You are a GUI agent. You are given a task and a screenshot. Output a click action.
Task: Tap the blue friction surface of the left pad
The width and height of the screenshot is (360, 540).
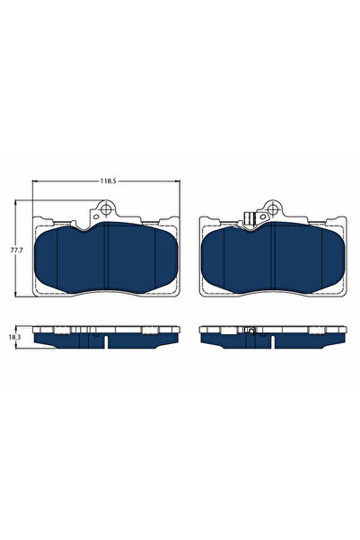coord(106,261)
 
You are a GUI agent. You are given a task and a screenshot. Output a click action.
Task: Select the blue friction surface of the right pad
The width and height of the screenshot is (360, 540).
coord(271,261)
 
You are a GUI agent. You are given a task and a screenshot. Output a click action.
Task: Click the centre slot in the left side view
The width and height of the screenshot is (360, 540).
coord(106,341)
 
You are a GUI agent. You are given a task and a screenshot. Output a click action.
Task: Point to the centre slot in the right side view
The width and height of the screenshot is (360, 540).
coord(271,341)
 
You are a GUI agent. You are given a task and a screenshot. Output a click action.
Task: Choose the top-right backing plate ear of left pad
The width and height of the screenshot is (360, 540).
coord(168,221)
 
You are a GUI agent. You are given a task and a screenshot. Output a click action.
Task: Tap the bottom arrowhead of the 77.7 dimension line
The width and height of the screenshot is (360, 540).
coord(17,296)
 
